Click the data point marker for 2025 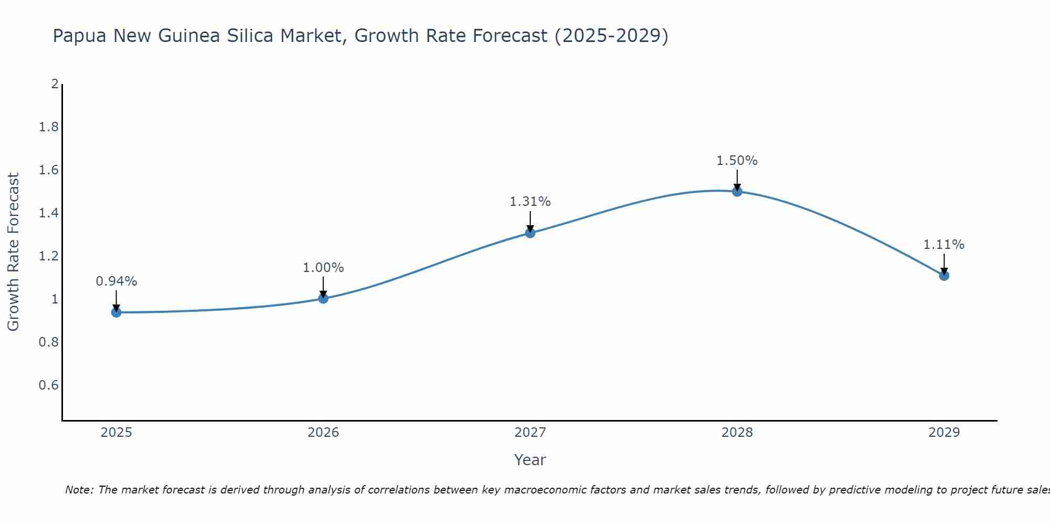click(x=117, y=312)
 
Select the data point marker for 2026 click(x=323, y=298)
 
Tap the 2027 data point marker click(x=530, y=233)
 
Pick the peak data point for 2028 click(x=737, y=192)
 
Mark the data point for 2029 click(x=944, y=276)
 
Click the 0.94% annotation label click(x=117, y=281)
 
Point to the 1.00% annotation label click(x=323, y=268)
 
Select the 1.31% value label click(x=530, y=202)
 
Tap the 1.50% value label click(x=737, y=161)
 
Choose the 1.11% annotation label click(x=944, y=245)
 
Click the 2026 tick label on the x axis click(x=323, y=433)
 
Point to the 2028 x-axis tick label click(x=737, y=433)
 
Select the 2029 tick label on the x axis click(x=944, y=433)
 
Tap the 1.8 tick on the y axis click(x=49, y=127)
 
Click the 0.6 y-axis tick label click(x=49, y=385)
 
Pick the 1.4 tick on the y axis click(x=49, y=213)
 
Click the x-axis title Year click(x=530, y=460)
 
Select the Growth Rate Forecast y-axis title click(x=13, y=252)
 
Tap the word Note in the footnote click(x=79, y=490)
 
